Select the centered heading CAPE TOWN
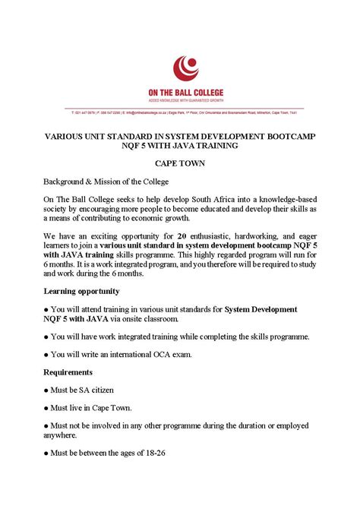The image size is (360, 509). pos(180,163)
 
